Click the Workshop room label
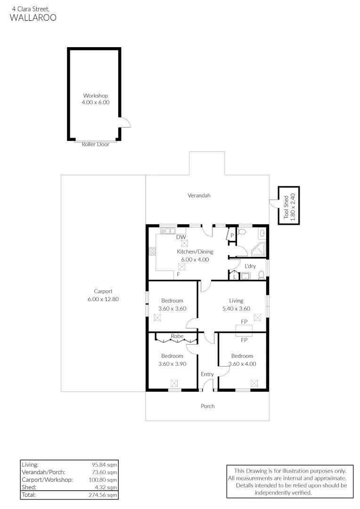pos(96,95)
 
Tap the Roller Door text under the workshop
pos(96,144)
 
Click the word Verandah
pos(199,195)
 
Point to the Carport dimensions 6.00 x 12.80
pos(103,299)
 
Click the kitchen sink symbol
pos(167,231)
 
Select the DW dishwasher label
pos(181,237)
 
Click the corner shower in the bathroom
pos(259,250)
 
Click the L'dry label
pos(250,266)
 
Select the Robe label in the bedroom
pos(177,336)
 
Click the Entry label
pos(207,374)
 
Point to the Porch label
pos(207,406)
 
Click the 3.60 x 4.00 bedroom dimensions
pos(242,363)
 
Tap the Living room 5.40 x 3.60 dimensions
pos(236,308)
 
